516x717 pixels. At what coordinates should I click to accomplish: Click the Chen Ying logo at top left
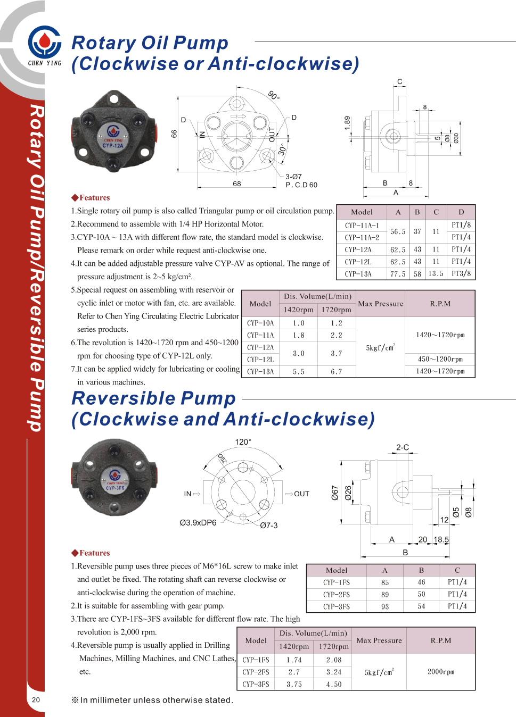click(45, 45)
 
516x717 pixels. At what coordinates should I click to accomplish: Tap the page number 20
click(36, 699)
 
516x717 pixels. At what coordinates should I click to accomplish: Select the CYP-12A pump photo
click(114, 131)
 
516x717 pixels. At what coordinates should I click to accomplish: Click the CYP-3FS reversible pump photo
click(114, 477)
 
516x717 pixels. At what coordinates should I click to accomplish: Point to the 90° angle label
click(274, 95)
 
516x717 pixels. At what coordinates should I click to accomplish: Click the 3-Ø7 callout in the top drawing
click(293, 177)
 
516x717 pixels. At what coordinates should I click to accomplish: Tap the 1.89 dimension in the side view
click(347, 123)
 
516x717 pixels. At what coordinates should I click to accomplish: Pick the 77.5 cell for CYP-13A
click(398, 274)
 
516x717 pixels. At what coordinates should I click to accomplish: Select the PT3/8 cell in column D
click(461, 274)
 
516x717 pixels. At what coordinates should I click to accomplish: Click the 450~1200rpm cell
click(440, 359)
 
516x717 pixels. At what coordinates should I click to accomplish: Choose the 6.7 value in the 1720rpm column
click(336, 372)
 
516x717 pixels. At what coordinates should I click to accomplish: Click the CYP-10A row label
click(260, 323)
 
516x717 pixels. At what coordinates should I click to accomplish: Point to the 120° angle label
click(243, 442)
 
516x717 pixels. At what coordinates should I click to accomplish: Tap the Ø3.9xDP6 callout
click(198, 523)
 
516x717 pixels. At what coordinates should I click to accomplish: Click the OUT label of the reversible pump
click(301, 494)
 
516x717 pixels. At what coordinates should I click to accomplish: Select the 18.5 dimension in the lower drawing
click(441, 539)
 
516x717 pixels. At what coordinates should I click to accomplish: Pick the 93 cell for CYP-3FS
click(385, 607)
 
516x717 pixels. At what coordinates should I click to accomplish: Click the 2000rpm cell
click(441, 672)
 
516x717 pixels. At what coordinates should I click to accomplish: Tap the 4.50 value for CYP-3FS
click(334, 685)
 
